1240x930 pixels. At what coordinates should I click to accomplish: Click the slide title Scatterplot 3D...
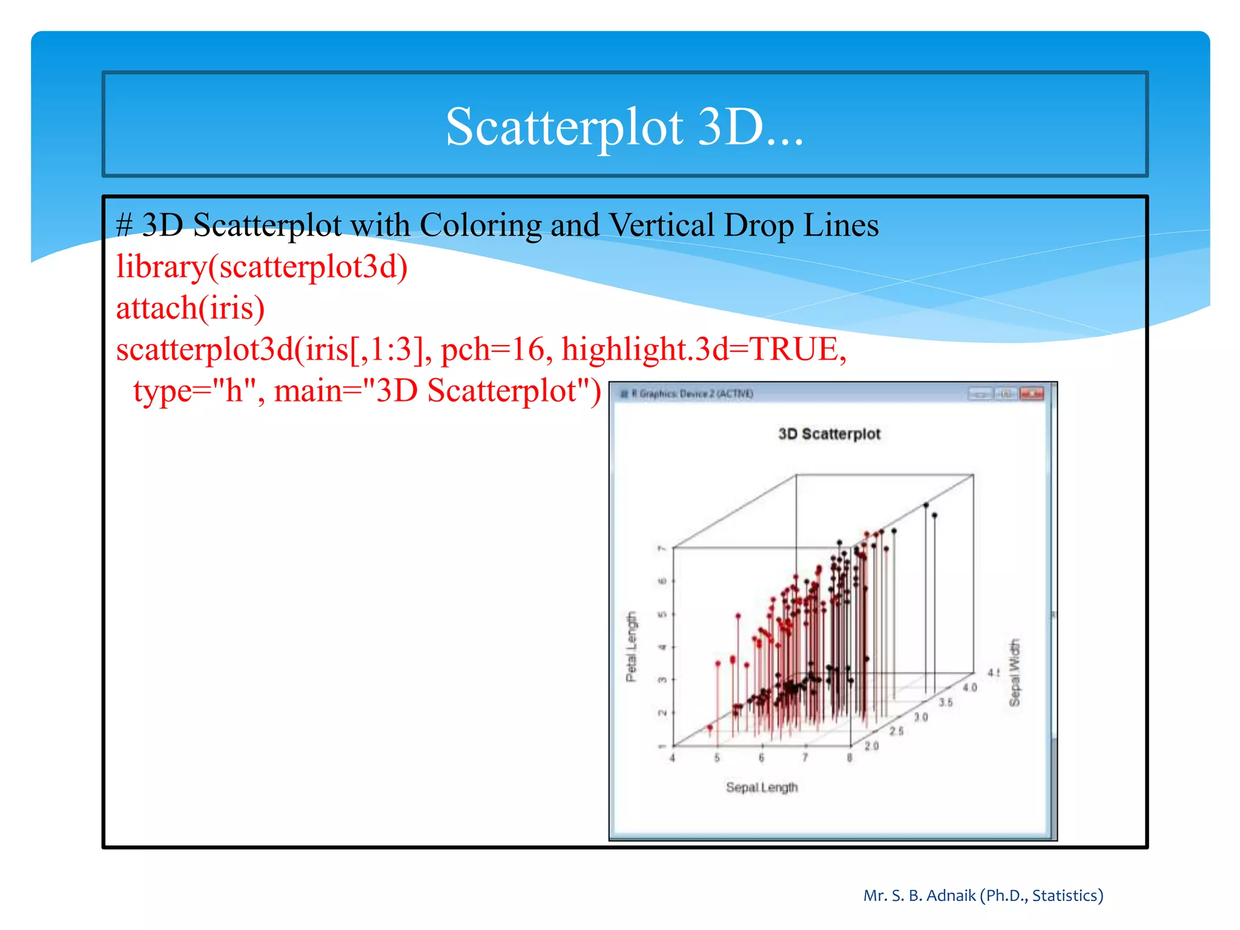[625, 127]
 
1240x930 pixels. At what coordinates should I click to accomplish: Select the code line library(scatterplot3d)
[262, 267]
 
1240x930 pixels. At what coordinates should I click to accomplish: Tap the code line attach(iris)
[190, 308]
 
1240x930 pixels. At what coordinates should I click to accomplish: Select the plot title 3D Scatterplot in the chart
[829, 434]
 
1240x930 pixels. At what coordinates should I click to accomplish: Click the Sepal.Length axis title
[762, 787]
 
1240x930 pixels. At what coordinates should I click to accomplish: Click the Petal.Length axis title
[632, 646]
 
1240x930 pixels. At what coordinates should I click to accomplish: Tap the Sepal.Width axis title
[1015, 672]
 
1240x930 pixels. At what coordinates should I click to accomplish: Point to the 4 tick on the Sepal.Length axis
[672, 758]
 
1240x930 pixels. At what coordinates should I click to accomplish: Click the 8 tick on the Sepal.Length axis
[849, 758]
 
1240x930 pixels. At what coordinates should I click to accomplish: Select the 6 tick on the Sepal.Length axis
[761, 758]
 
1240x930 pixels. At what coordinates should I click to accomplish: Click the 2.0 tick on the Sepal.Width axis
[871, 746]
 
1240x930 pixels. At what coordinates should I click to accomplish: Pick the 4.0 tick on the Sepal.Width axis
[969, 687]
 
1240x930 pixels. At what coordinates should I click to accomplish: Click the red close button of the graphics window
[1032, 394]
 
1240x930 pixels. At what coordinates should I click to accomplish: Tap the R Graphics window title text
[692, 394]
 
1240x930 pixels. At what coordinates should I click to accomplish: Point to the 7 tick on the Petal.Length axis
[662, 549]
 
